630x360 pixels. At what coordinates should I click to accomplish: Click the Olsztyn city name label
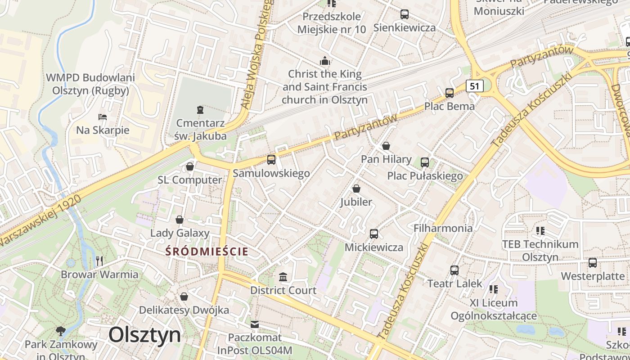click(x=144, y=335)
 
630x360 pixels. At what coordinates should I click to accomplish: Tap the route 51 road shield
click(x=475, y=86)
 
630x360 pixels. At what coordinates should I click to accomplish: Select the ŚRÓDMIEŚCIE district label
click(x=207, y=251)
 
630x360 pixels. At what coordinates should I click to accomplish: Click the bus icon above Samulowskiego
click(x=271, y=160)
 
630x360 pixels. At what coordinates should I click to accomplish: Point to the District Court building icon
click(x=283, y=277)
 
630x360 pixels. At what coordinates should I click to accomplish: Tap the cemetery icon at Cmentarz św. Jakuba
click(x=200, y=109)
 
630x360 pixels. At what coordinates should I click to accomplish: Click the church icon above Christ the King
click(x=324, y=61)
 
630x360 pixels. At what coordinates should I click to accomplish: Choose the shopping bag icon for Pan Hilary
click(x=386, y=146)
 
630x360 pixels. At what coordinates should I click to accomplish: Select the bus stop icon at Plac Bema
click(x=449, y=93)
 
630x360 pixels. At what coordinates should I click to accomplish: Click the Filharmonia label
click(x=443, y=228)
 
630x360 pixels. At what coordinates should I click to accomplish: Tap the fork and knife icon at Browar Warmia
click(x=99, y=261)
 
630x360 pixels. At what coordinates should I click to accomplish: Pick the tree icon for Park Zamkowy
click(x=60, y=331)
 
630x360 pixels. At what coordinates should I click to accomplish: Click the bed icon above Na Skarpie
click(x=103, y=117)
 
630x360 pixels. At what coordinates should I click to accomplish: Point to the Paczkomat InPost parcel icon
click(x=255, y=324)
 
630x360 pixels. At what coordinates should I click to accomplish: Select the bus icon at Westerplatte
click(x=593, y=263)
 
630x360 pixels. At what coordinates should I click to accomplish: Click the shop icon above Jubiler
click(x=356, y=189)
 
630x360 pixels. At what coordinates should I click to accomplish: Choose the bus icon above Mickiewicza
click(x=373, y=234)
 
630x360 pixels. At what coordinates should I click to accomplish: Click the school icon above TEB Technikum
click(x=540, y=231)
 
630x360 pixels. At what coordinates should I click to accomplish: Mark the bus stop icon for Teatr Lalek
click(x=454, y=270)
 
